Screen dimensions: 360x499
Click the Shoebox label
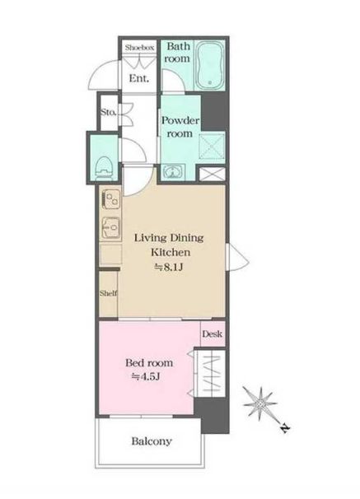(x=139, y=48)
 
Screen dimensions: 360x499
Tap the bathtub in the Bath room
(x=209, y=65)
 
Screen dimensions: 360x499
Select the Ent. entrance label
(x=139, y=78)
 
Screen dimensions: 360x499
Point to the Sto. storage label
(x=109, y=112)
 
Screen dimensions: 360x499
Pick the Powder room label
(x=180, y=127)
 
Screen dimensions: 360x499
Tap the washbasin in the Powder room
(x=173, y=172)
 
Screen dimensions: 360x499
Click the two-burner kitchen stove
(x=111, y=199)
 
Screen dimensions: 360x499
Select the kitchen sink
(x=111, y=227)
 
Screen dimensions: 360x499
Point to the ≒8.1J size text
(x=168, y=267)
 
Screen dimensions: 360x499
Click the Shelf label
(x=108, y=293)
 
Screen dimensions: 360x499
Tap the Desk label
(x=212, y=334)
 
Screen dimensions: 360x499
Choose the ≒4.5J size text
(x=146, y=377)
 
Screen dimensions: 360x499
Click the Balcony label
(x=152, y=441)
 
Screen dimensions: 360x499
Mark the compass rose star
(x=259, y=403)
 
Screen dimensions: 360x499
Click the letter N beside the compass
(x=285, y=429)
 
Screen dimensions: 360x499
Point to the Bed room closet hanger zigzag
(x=213, y=375)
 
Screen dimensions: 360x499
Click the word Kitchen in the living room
(x=171, y=252)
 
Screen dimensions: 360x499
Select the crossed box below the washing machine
(x=212, y=174)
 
